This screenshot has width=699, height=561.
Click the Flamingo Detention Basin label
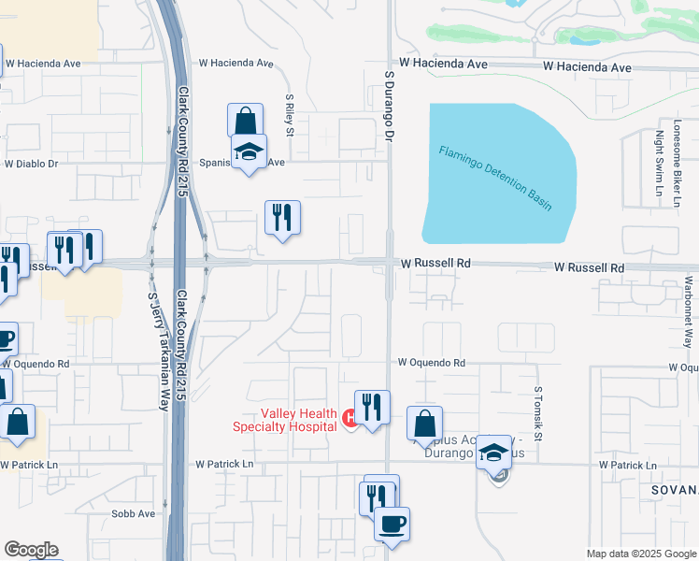(x=495, y=178)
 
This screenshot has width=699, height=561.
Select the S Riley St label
(x=290, y=114)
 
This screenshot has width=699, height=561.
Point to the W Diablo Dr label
(x=31, y=164)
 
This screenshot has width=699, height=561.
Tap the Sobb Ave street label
(x=133, y=513)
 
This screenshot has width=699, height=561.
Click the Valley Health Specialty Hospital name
(x=285, y=420)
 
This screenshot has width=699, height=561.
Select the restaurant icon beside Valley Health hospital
(x=372, y=407)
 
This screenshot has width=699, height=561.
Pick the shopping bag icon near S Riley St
(x=245, y=120)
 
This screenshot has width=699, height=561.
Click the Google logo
(x=31, y=550)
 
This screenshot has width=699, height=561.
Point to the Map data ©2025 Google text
(x=640, y=554)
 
